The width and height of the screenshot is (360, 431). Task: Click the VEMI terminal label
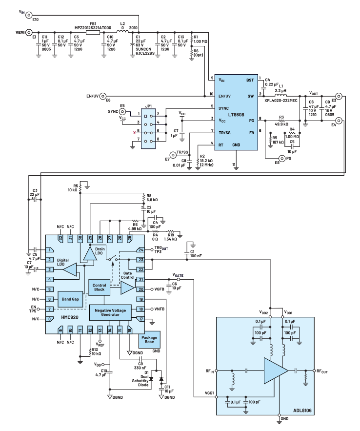(16, 35)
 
